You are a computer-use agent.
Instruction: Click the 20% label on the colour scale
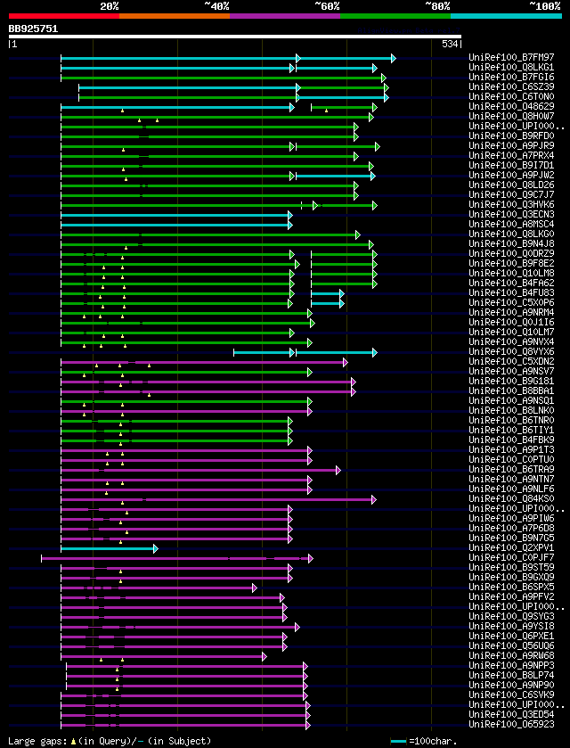(x=109, y=5)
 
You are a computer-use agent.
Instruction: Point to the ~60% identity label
(x=327, y=5)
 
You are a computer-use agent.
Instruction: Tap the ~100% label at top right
(x=543, y=5)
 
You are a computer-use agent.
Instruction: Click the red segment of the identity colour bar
(x=62, y=16)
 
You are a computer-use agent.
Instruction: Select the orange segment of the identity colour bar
(x=174, y=16)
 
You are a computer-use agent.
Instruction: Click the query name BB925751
(x=33, y=29)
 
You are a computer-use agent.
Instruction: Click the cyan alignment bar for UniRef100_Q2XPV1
(x=107, y=548)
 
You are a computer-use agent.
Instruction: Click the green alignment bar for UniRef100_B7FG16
(x=223, y=78)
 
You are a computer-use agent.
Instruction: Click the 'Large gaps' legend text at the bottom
(x=36, y=742)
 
